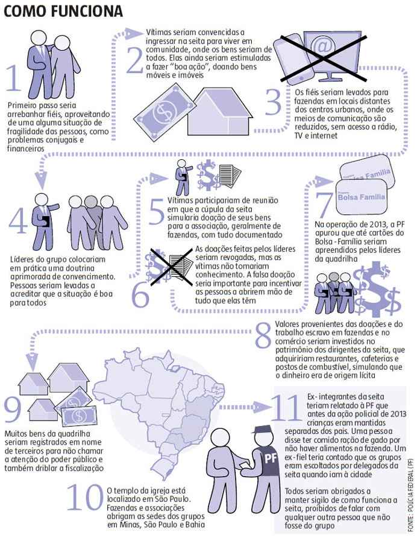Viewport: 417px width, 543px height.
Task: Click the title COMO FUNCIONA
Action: click(x=63, y=11)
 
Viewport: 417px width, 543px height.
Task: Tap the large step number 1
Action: click(x=14, y=78)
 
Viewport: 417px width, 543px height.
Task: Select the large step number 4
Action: click(x=17, y=221)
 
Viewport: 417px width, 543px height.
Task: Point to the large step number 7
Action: click(x=324, y=205)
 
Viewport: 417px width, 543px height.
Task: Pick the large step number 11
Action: click(x=284, y=407)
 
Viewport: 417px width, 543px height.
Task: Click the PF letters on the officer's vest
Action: click(x=271, y=459)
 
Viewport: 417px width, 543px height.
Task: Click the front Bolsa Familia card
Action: click(x=362, y=197)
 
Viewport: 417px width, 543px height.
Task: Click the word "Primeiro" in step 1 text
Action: click(x=22, y=105)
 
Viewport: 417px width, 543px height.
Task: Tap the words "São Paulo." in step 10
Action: click(x=172, y=500)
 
